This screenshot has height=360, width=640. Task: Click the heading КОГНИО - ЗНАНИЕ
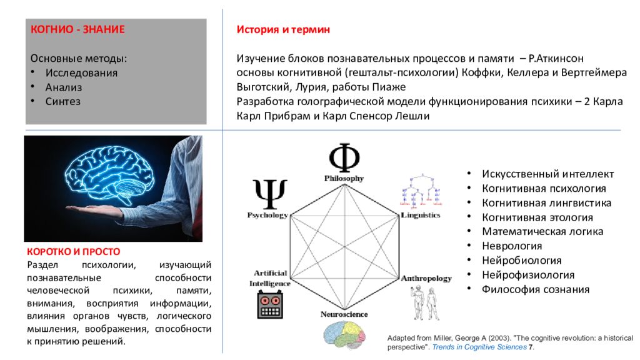(x=78, y=29)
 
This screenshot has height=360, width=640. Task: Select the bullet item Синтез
(x=62, y=101)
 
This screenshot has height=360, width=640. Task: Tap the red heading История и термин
(x=283, y=29)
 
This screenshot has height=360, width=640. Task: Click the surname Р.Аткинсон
(x=556, y=58)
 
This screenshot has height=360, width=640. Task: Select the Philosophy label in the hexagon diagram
(x=344, y=179)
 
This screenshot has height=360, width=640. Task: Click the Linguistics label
(x=421, y=215)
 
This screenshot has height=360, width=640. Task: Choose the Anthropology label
(x=426, y=278)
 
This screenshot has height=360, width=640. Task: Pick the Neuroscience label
(x=344, y=314)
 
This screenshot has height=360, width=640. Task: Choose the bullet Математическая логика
(x=542, y=231)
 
